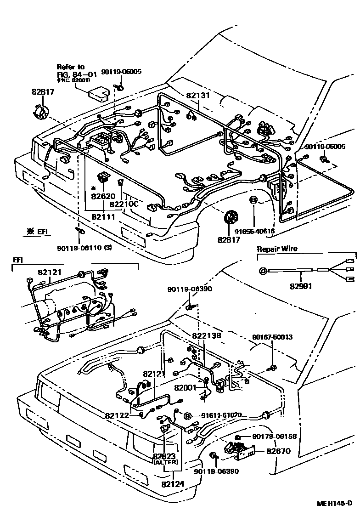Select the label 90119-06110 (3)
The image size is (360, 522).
coord(84,248)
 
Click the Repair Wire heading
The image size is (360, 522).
coord(276,249)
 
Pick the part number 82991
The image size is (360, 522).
coord(300,286)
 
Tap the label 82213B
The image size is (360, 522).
coord(207,336)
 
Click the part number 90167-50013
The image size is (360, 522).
coord(272,337)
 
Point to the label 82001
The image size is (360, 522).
coord(185,388)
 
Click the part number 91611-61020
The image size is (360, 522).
coord(219,415)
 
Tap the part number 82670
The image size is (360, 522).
coord(279,451)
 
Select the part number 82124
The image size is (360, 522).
coord(172,483)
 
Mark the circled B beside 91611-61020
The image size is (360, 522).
coord(188,416)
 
